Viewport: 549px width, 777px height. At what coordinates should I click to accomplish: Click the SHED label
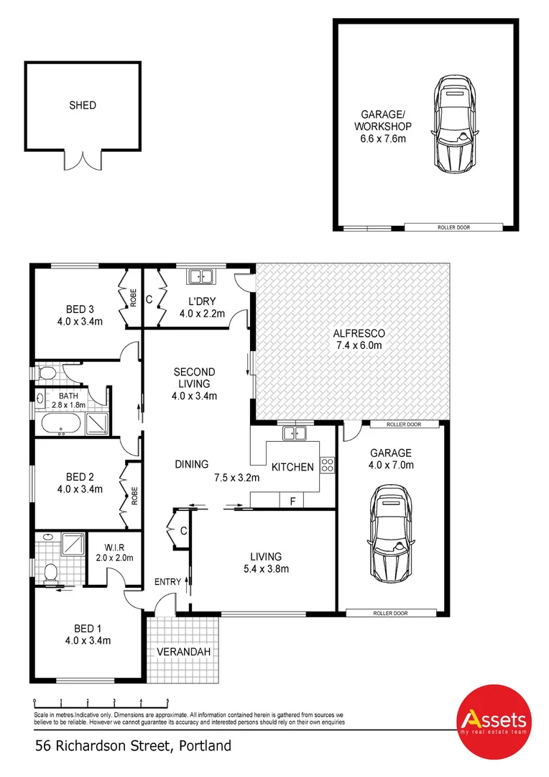[82, 105]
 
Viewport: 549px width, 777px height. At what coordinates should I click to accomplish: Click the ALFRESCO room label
[359, 333]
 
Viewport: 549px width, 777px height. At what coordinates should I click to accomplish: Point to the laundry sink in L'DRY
[199, 276]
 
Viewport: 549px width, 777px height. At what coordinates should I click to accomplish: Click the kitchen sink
[294, 433]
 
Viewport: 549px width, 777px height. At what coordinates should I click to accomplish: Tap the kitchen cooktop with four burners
[328, 465]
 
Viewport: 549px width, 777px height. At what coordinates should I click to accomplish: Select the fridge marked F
[291, 500]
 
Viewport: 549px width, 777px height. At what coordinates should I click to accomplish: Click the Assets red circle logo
[493, 722]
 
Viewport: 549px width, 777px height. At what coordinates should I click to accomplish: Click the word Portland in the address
[204, 746]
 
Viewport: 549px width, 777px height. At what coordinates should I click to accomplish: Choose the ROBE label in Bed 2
[134, 495]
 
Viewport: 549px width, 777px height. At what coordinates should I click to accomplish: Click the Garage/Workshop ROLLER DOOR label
[453, 227]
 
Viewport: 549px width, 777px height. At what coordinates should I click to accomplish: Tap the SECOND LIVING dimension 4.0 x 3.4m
[194, 396]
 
